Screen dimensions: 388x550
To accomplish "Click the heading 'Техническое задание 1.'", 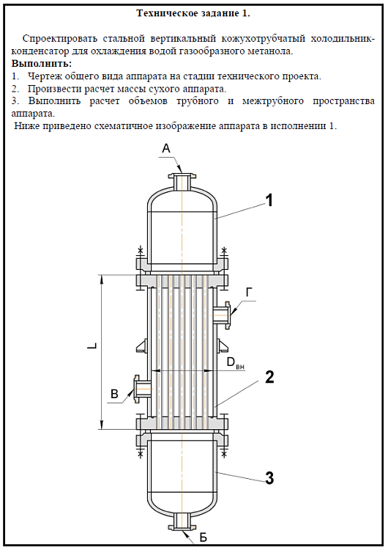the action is [193, 13].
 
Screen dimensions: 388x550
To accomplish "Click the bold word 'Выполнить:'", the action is [42, 64].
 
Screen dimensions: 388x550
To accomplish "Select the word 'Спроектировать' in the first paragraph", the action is [59, 38].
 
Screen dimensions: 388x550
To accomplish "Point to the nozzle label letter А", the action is [166, 149].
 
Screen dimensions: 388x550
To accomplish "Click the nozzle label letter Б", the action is [204, 537].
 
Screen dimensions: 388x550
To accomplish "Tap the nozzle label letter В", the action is [114, 394].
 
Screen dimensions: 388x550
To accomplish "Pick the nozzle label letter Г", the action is [249, 292].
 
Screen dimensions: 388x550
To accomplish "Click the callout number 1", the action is [269, 201].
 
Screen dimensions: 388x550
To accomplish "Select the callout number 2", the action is [269, 377].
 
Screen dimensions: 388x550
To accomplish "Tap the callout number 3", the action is [269, 477].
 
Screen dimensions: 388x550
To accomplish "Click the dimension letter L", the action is [92, 346].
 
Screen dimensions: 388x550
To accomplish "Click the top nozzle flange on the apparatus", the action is [182, 175].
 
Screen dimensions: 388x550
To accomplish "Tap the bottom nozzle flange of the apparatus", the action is [182, 527].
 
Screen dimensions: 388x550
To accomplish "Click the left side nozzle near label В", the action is [142, 389].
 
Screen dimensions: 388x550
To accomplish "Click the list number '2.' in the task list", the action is [15, 89].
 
